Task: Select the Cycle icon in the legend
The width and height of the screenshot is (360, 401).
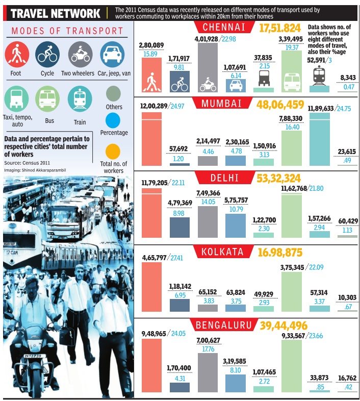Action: point(47,54)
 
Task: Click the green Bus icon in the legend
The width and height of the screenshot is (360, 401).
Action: point(47,98)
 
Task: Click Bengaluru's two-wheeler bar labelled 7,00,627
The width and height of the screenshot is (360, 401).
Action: point(208,372)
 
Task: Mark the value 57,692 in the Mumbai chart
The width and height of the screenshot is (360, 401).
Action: point(179,149)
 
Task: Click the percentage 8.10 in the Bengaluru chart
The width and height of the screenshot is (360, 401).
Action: point(236,370)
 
